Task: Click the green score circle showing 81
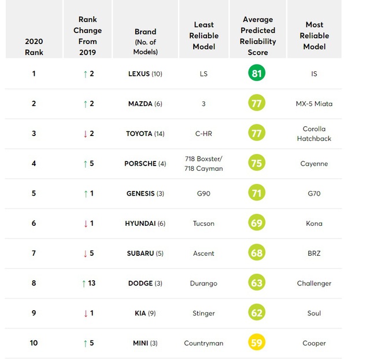pyautogui.click(x=257, y=74)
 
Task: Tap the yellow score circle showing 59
pyautogui.click(x=257, y=343)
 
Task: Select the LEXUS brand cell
pyautogui.click(x=145, y=74)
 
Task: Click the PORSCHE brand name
pyautogui.click(x=140, y=164)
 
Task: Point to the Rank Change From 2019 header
pyautogui.click(x=88, y=36)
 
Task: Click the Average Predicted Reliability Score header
pyautogui.click(x=257, y=36)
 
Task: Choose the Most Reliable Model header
pyautogui.click(x=314, y=36)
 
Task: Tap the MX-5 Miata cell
pyautogui.click(x=314, y=104)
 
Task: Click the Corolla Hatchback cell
pyautogui.click(x=314, y=134)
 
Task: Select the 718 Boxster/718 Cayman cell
pyautogui.click(x=203, y=164)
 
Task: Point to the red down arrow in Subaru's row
pyautogui.click(x=85, y=254)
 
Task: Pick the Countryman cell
pyautogui.click(x=203, y=343)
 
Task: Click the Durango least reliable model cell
pyautogui.click(x=203, y=284)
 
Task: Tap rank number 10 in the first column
pyautogui.click(x=34, y=343)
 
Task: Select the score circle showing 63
pyautogui.click(x=257, y=283)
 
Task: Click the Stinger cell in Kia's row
pyautogui.click(x=203, y=313)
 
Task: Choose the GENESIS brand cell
pyautogui.click(x=145, y=194)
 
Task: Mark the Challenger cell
pyautogui.click(x=314, y=284)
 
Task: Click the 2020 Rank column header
pyautogui.click(x=34, y=46)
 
